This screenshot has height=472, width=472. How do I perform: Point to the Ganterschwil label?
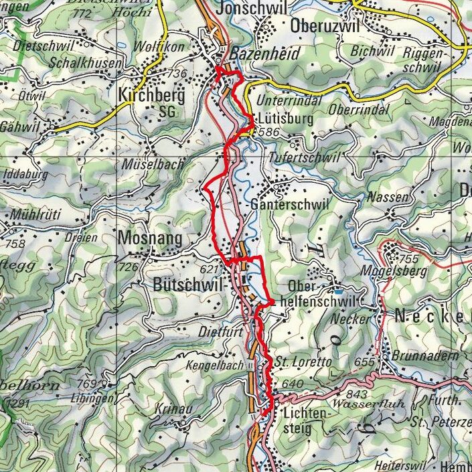tap(289, 205)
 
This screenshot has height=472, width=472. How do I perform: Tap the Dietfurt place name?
tap(218, 330)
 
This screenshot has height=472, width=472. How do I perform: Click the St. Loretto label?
tap(303, 362)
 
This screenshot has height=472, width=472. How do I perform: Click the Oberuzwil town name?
tap(325, 25)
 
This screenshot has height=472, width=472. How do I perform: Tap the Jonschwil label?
tap(251, 8)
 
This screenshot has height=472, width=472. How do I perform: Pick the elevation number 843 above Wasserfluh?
tap(358, 394)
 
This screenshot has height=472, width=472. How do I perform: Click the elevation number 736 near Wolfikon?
tap(177, 74)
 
